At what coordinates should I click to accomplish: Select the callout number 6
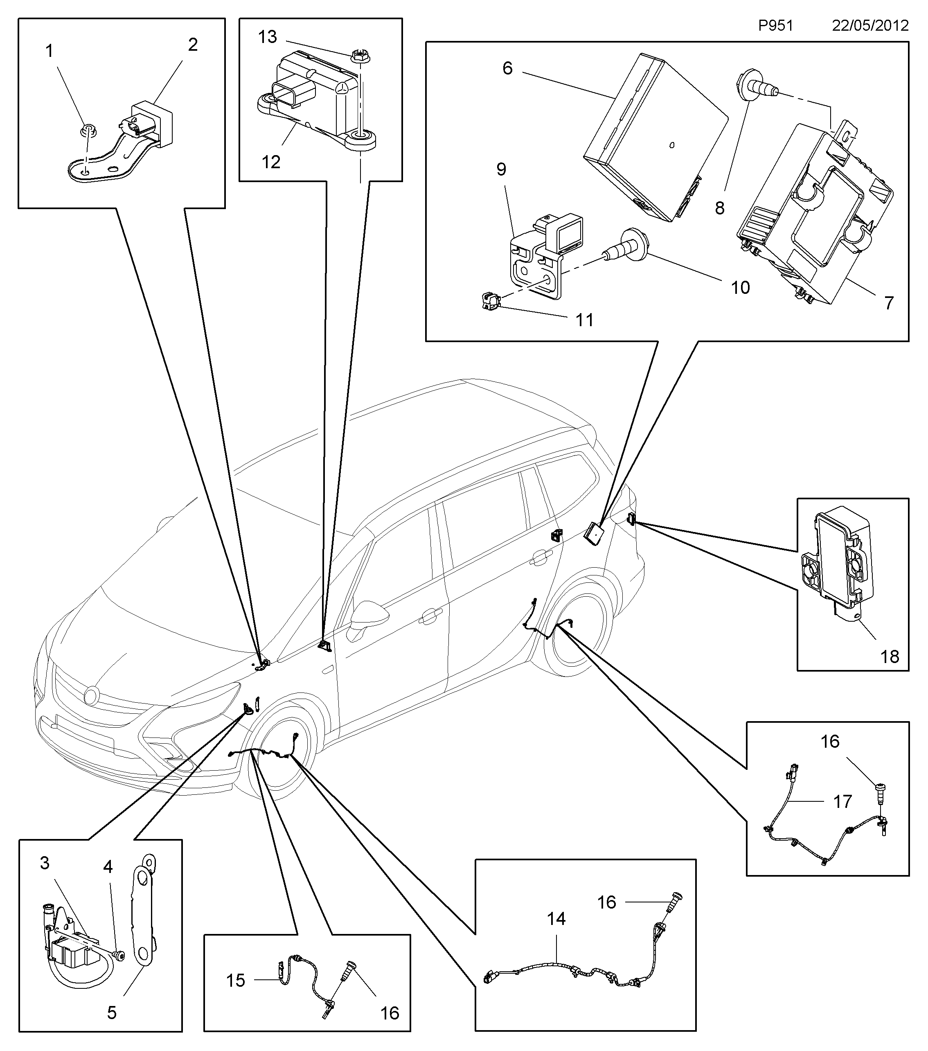pyautogui.click(x=507, y=68)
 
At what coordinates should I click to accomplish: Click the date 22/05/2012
pyautogui.click(x=870, y=26)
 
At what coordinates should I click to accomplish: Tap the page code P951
pyautogui.click(x=776, y=26)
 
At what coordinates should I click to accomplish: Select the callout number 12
pyautogui.click(x=271, y=162)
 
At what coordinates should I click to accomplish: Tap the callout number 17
pyautogui.click(x=842, y=802)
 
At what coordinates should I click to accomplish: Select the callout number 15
pyautogui.click(x=235, y=981)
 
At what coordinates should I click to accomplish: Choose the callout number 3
pyautogui.click(x=45, y=863)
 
